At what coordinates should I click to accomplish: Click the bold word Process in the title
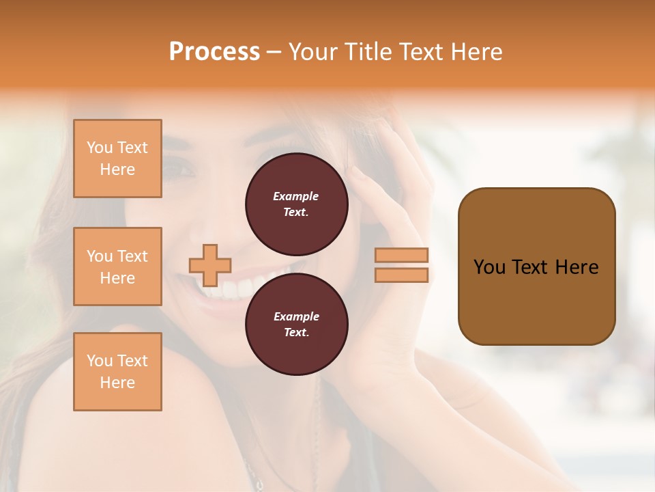point(214,52)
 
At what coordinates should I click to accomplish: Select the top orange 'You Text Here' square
point(117,159)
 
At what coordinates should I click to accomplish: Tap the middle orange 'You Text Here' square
point(117,266)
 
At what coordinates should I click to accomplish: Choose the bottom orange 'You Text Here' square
point(117,372)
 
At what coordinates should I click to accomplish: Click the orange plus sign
point(210,265)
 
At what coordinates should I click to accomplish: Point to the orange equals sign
point(401,265)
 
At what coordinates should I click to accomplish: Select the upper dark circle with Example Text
point(296,204)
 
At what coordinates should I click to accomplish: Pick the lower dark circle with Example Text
point(296,325)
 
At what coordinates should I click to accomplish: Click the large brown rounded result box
point(536,266)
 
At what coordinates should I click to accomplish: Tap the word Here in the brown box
point(577,267)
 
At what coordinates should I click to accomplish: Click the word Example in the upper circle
point(295,196)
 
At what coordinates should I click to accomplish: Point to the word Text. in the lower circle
point(295,333)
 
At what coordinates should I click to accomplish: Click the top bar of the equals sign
point(401,256)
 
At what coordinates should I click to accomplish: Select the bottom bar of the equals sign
point(401,275)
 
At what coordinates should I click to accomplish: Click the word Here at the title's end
point(475,52)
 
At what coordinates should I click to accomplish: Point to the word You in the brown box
point(489,267)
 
